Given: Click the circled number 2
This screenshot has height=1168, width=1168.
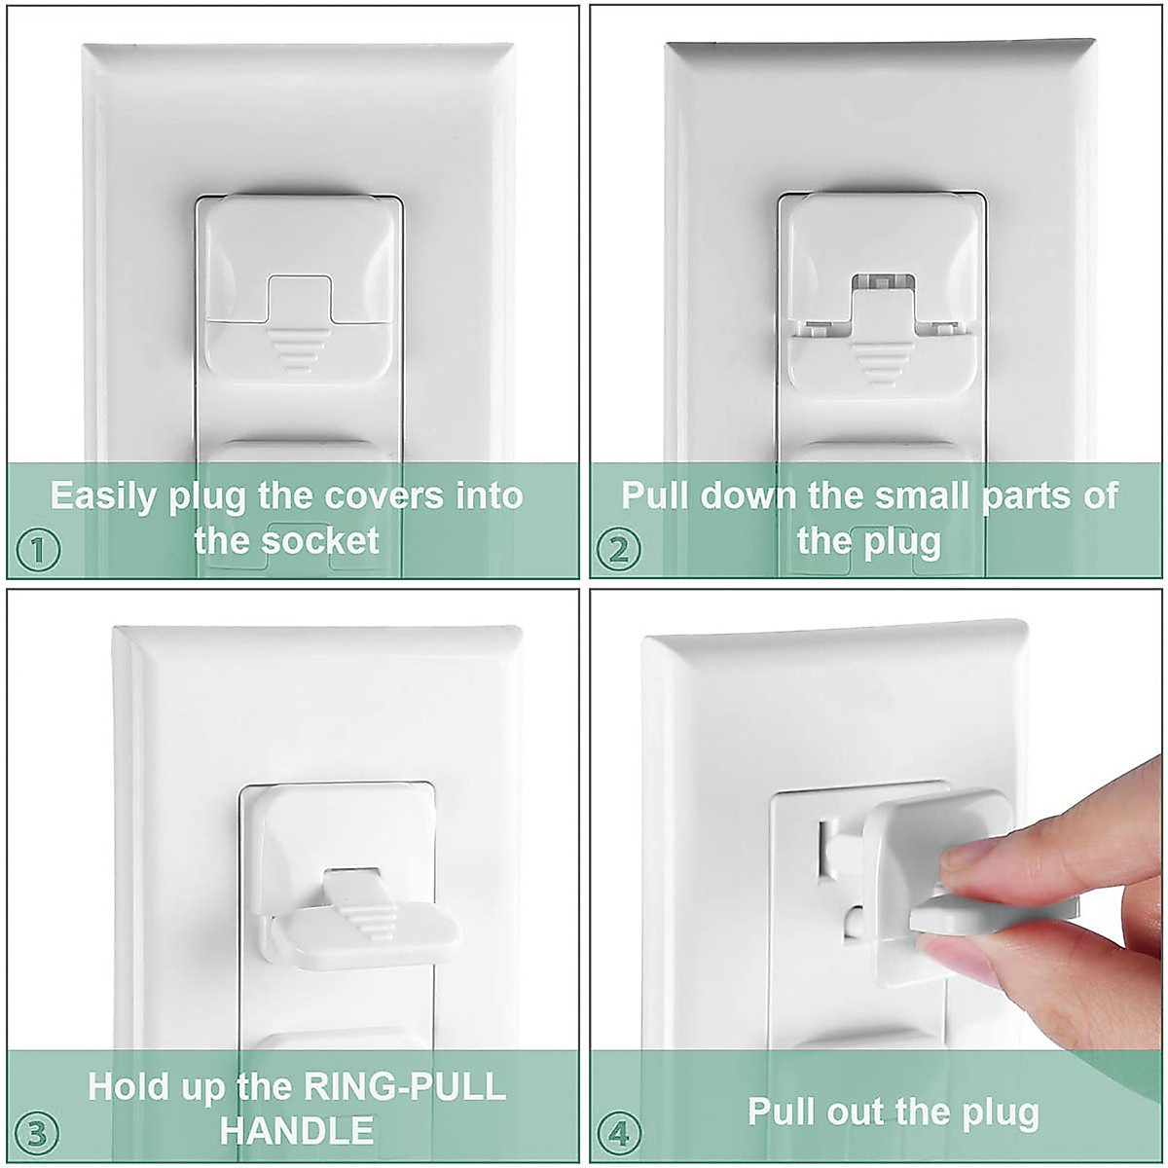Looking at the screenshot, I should click(618, 550).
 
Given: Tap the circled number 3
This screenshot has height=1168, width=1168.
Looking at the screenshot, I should click(37, 1134).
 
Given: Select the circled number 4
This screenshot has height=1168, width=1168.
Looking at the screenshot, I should click(618, 1134).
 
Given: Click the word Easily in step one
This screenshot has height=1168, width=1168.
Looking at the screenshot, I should click(103, 496).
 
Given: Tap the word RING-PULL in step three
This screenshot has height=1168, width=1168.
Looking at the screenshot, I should click(405, 1086).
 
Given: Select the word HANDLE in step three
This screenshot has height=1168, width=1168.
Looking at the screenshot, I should click(297, 1131).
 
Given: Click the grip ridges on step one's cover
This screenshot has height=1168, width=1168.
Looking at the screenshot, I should click(299, 351).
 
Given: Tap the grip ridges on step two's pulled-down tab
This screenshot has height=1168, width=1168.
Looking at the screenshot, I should click(882, 363).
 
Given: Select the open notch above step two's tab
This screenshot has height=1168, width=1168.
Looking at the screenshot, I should click(883, 282).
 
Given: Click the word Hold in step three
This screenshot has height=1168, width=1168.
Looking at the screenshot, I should click(129, 1086).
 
